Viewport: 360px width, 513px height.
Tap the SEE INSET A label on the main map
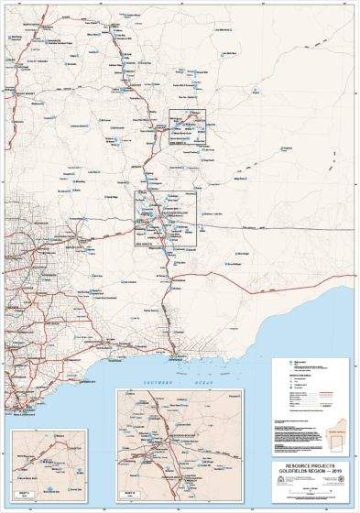click(176, 143)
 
